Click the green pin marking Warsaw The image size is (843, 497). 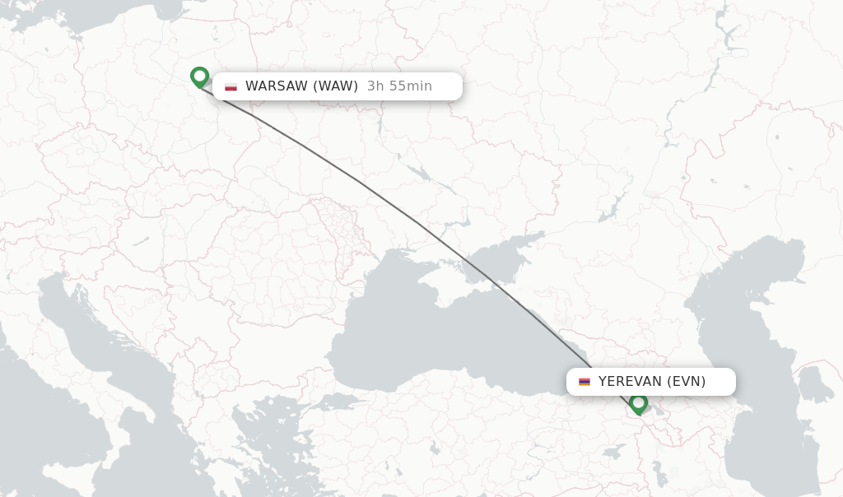click(x=199, y=77)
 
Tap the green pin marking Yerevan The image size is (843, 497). click(x=638, y=403)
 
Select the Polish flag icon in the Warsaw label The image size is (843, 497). click(x=231, y=86)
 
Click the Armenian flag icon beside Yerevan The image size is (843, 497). click(x=585, y=382)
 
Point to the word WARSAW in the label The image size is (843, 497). click(x=276, y=86)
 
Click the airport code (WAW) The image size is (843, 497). click(x=335, y=86)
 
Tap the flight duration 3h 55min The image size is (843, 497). click(x=399, y=86)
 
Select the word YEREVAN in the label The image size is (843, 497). click(x=631, y=382)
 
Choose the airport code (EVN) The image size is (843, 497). click(x=687, y=382)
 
